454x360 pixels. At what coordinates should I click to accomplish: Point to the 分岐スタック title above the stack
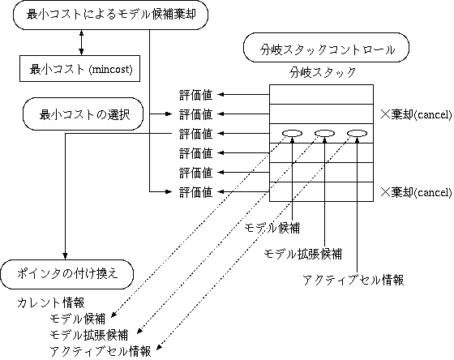click(x=323, y=72)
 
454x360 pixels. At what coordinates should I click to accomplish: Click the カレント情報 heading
click(x=51, y=303)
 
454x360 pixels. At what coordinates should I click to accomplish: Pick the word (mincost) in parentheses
click(x=111, y=70)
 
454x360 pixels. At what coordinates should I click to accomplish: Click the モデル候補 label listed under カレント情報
click(x=78, y=319)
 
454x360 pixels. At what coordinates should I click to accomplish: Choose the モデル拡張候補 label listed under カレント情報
click(x=89, y=335)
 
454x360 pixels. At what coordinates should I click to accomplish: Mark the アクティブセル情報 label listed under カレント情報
click(x=101, y=351)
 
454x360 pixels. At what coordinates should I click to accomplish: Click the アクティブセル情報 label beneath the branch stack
click(x=353, y=280)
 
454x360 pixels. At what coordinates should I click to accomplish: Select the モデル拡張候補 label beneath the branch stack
click(x=303, y=254)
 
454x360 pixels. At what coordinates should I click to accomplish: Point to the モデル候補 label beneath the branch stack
click(x=272, y=228)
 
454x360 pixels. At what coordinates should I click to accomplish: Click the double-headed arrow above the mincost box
click(x=81, y=43)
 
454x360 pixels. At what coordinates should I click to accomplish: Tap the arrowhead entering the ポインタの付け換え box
click(x=65, y=256)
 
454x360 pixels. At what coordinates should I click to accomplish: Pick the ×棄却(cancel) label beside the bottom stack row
click(x=416, y=192)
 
